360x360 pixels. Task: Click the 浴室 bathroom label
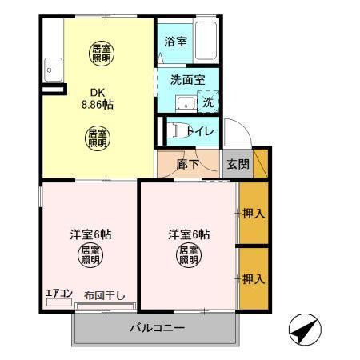tap(177, 41)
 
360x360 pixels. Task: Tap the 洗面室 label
tap(187, 80)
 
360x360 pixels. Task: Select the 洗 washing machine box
tap(208, 103)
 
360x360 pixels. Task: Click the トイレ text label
tap(197, 130)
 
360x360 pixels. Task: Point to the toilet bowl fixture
tap(175, 130)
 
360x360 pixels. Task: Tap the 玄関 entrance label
tap(237, 165)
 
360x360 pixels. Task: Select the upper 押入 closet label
tap(254, 214)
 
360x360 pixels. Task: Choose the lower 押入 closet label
tap(254, 279)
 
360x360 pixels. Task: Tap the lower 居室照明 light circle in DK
tap(98, 138)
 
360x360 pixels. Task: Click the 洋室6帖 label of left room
tap(90, 234)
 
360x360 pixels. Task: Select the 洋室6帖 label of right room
tap(189, 234)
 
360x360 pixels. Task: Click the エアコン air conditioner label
tap(59, 293)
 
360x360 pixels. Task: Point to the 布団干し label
tap(105, 294)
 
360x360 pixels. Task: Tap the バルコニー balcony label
tap(158, 329)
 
